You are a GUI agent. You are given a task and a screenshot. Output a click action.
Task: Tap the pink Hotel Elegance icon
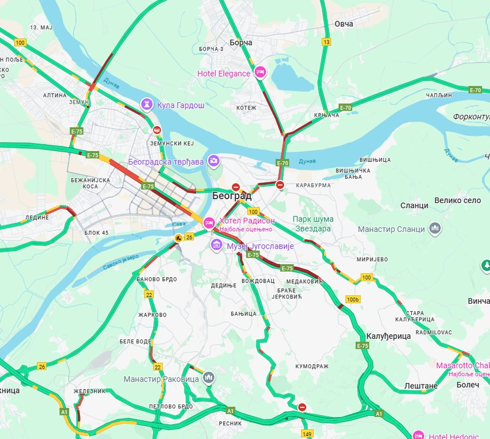(x=259, y=72)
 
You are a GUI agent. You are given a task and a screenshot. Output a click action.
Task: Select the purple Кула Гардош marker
(x=148, y=105)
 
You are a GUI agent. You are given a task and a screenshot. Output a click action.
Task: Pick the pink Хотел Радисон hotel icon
(x=209, y=222)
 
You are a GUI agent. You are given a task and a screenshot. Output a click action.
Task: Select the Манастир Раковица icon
(x=208, y=378)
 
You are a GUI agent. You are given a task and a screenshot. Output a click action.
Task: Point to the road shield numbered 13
(x=327, y=42)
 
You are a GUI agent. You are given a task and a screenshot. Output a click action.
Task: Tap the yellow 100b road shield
(x=353, y=299)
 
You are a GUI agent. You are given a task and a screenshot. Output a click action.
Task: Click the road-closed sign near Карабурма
(x=280, y=185)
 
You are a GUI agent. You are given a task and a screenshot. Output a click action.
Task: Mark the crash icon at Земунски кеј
(x=157, y=130)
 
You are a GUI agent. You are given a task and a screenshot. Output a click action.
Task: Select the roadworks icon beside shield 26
(x=179, y=237)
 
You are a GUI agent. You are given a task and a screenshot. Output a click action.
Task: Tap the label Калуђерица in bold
(x=389, y=335)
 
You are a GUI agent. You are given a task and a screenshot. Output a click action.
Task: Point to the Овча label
(x=344, y=24)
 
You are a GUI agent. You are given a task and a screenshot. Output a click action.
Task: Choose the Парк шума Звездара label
(x=313, y=224)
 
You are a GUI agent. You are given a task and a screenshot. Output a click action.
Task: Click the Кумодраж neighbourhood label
(x=311, y=366)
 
